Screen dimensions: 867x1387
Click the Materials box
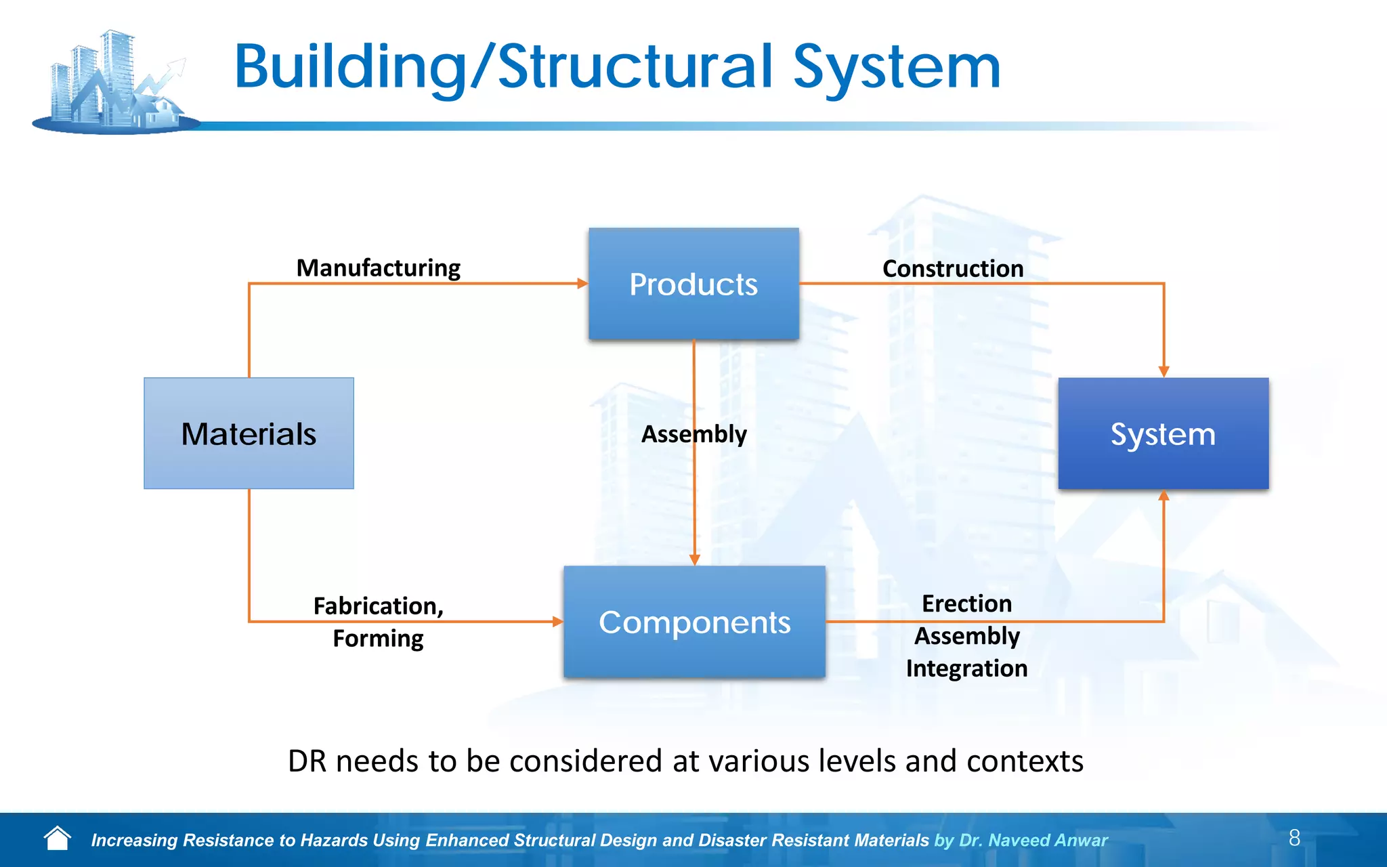(x=249, y=433)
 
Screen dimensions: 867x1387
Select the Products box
(x=693, y=284)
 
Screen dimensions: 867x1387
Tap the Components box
(x=694, y=622)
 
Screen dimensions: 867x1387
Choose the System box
(x=1163, y=433)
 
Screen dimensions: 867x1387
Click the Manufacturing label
(x=378, y=268)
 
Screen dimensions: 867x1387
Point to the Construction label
(x=952, y=269)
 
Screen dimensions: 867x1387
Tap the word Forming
(x=378, y=638)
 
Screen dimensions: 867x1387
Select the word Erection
(x=966, y=604)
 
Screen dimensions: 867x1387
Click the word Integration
(x=966, y=669)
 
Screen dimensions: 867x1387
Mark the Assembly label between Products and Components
(x=693, y=434)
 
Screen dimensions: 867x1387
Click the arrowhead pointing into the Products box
(x=582, y=283)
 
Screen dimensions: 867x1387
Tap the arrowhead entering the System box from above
(x=1164, y=371)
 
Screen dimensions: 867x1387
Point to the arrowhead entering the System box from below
(x=1164, y=496)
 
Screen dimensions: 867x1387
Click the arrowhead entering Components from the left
(x=557, y=621)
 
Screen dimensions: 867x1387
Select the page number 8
(x=1294, y=838)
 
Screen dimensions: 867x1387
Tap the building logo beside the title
(x=115, y=81)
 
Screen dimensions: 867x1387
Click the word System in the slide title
(x=896, y=68)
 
